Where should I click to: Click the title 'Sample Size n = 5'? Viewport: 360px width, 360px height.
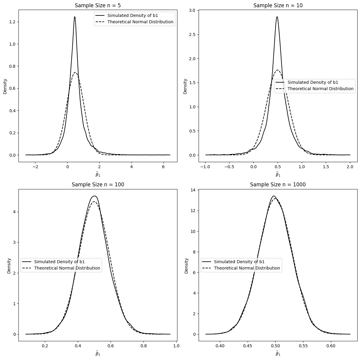[98, 5]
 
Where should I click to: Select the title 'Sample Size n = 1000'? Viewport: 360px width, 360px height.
[278, 185]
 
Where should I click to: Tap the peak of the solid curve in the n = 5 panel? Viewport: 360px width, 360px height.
[74, 17]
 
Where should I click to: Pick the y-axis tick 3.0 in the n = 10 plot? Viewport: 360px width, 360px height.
[192, 11]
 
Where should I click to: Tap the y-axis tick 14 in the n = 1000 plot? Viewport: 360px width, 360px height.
[193, 190]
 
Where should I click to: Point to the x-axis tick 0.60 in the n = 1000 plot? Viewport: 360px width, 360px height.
[331, 346]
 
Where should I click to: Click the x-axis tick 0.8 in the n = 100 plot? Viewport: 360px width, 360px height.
[144, 346]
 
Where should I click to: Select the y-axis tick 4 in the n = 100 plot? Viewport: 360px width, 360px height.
[14, 212]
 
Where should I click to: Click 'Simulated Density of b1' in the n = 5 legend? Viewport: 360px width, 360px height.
[133, 15]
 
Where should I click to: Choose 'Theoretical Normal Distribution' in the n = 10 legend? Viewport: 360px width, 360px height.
[320, 89]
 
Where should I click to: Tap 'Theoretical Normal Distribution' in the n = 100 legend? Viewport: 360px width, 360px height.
[67, 268]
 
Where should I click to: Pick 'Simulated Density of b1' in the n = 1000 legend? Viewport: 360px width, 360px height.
[239, 262]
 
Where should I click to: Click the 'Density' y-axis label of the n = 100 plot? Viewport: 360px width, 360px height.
[9, 266]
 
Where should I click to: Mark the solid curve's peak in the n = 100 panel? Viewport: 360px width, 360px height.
[94, 196]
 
